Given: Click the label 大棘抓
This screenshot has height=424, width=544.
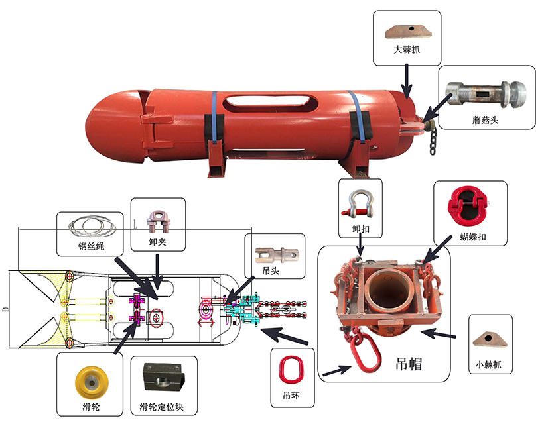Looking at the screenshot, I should (x=406, y=50).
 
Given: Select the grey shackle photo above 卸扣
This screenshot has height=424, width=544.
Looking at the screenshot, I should (x=358, y=205).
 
